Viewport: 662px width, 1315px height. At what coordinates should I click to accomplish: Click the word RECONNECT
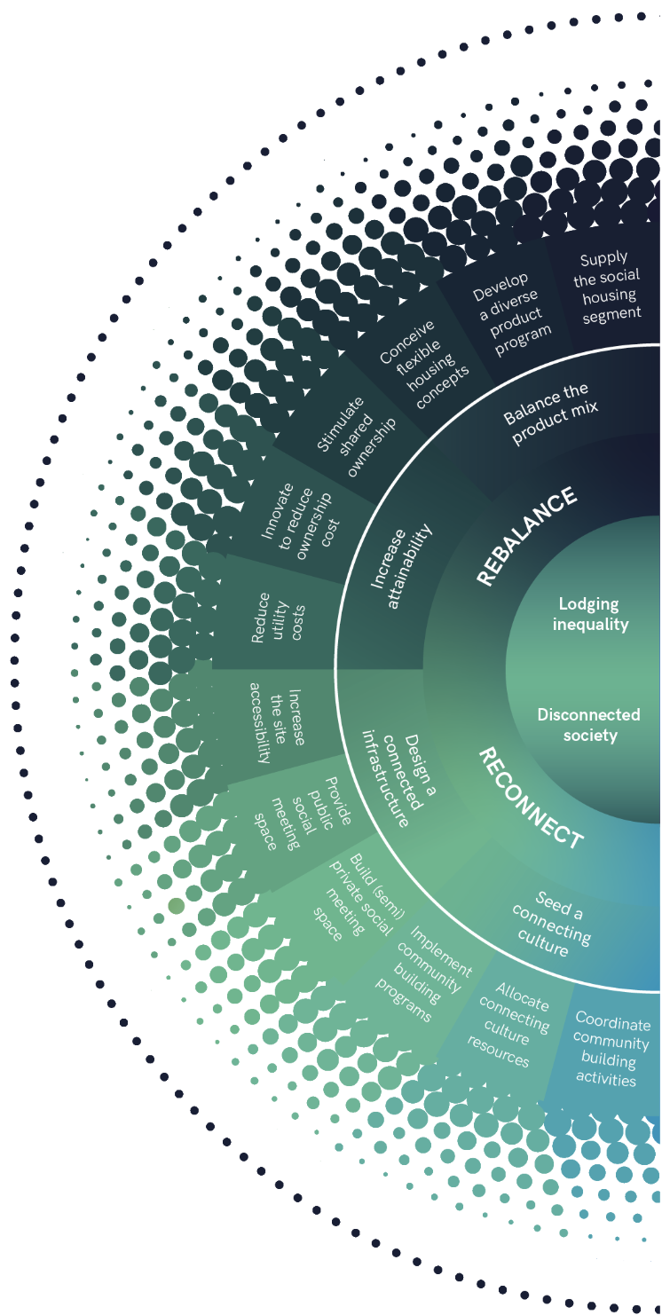tap(531, 797)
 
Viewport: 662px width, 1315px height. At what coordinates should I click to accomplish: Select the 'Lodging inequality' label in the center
tap(590, 614)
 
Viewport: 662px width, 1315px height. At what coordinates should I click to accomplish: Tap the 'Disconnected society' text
tap(588, 724)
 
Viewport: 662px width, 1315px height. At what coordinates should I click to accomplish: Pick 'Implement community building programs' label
tap(422, 971)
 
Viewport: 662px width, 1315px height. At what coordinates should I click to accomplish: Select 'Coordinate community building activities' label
tap(611, 1048)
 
